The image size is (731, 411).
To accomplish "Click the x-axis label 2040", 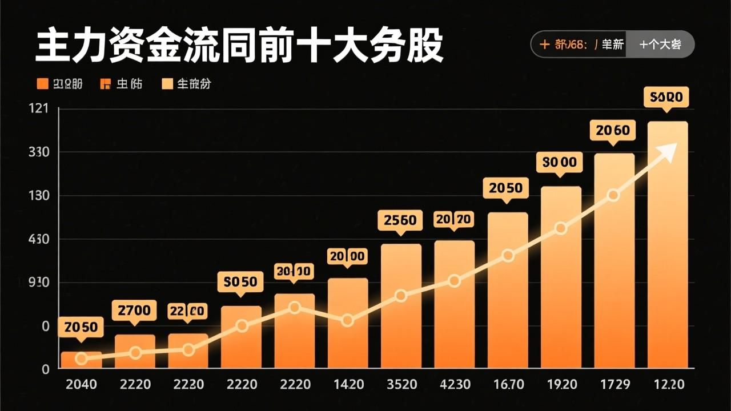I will click(x=81, y=384).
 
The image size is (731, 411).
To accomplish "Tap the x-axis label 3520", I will click(x=401, y=384).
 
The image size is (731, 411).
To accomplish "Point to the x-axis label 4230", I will click(x=455, y=384).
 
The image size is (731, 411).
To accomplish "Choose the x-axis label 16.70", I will click(x=508, y=384).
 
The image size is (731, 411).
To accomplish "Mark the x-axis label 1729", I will click(x=614, y=384).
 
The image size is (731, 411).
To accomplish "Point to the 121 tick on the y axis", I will click(x=38, y=109).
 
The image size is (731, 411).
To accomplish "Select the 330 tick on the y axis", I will click(x=38, y=152).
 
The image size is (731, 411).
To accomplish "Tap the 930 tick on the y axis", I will click(x=38, y=283).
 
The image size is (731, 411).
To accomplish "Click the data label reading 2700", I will click(x=134, y=311).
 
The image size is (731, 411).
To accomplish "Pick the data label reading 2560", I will click(x=400, y=220).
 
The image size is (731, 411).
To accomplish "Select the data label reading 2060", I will click(x=613, y=131).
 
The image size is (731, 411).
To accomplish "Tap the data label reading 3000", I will click(x=560, y=162).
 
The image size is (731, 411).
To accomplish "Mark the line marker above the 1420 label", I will click(x=347, y=320).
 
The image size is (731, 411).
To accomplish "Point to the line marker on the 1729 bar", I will click(x=613, y=195).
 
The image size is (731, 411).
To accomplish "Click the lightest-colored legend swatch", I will click(x=167, y=84).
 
